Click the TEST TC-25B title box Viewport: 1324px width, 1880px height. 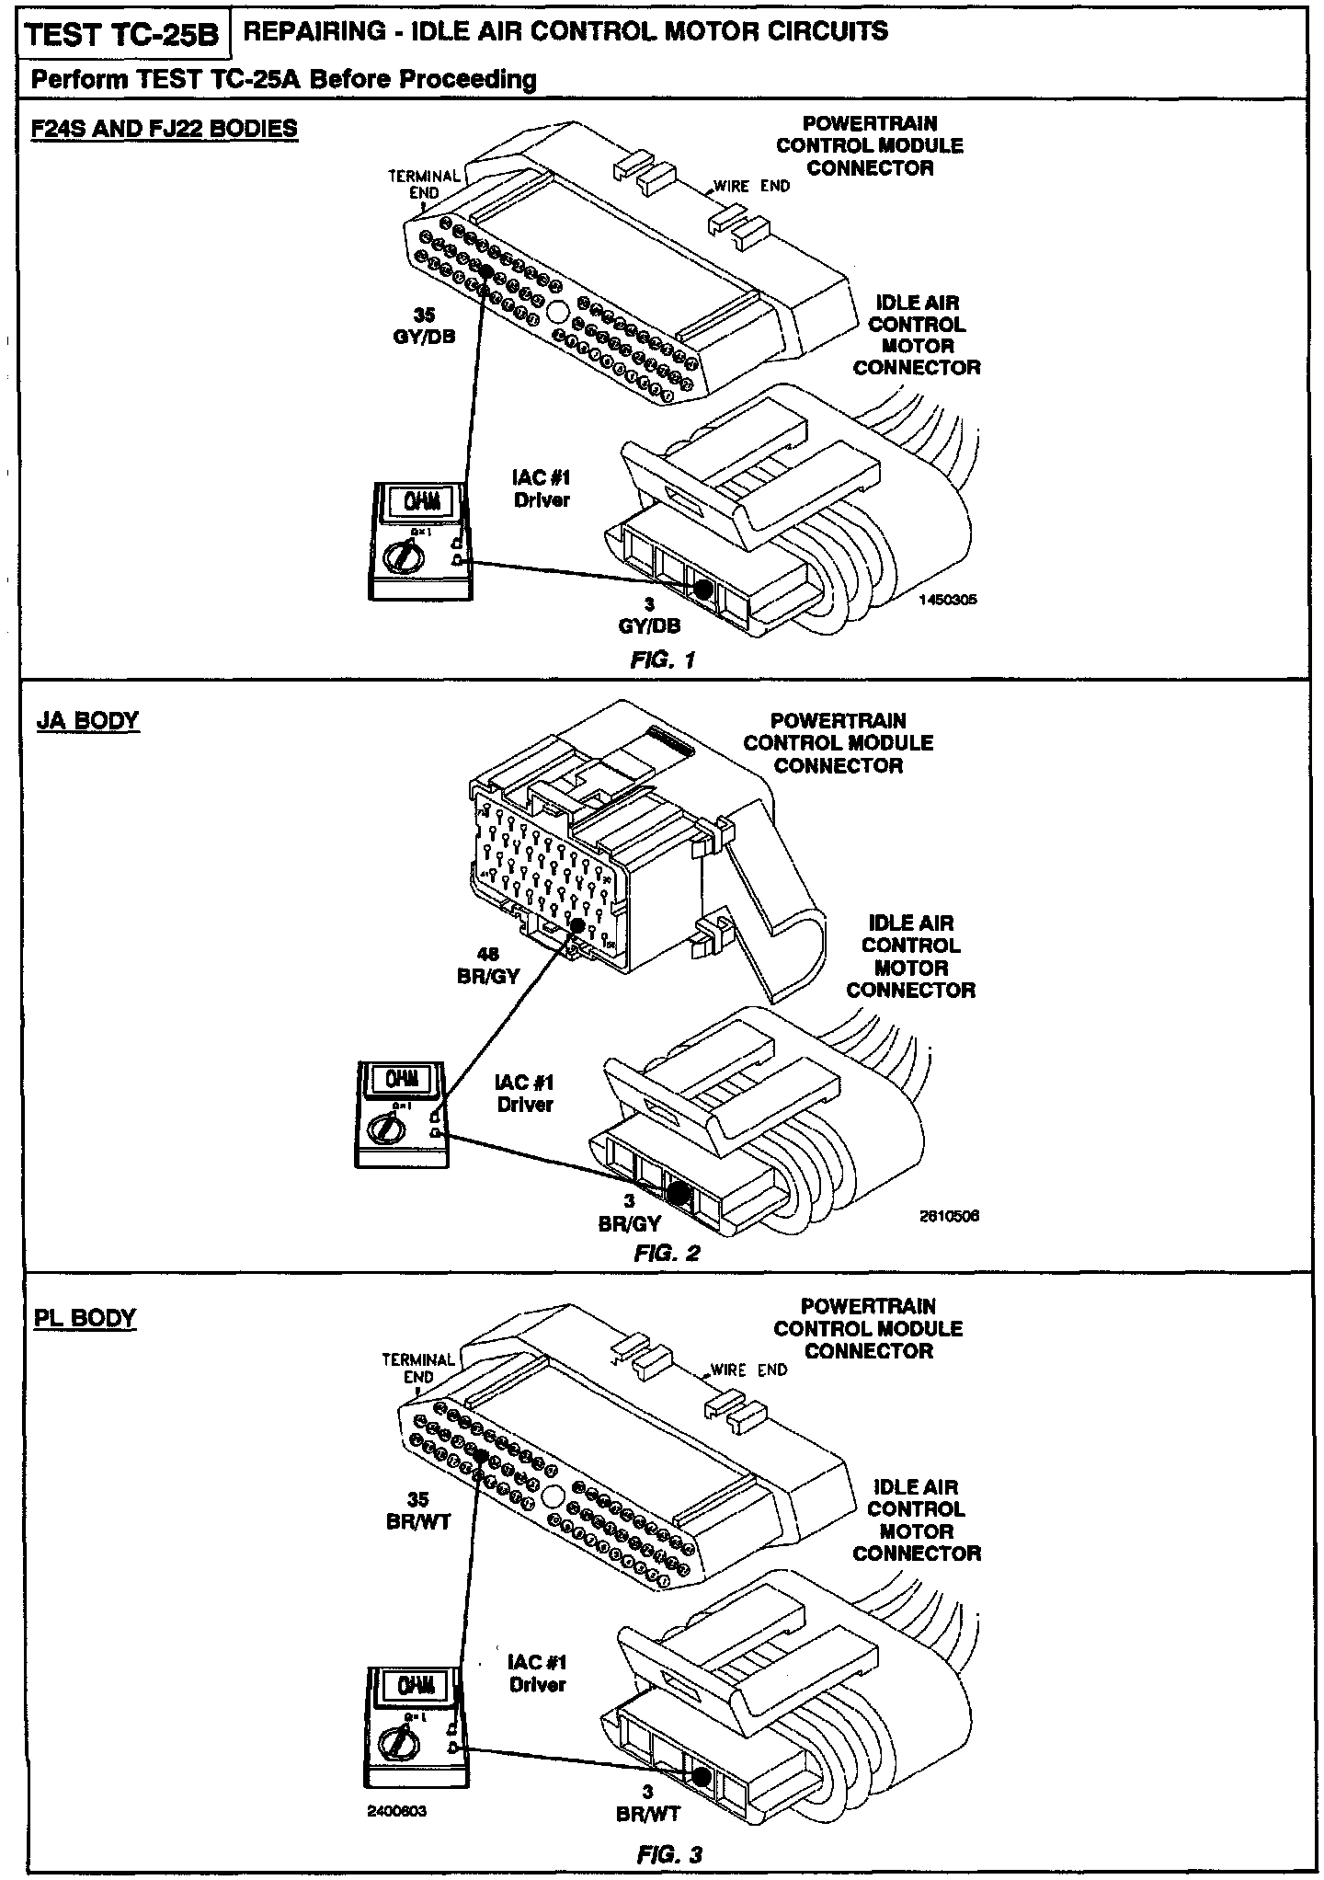[122, 36]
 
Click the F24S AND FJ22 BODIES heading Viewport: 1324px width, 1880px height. [165, 128]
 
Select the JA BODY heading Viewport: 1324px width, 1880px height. [87, 720]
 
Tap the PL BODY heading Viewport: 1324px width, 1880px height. [85, 1317]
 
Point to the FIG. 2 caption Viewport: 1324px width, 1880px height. [667, 1253]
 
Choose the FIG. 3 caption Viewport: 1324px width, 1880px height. [669, 1848]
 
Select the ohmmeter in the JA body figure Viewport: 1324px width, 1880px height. [402, 1114]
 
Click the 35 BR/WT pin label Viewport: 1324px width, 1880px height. [418, 1510]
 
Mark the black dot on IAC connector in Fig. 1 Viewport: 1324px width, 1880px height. [702, 590]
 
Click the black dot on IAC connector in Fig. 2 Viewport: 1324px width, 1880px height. [679, 1193]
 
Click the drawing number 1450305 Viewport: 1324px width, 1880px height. [947, 599]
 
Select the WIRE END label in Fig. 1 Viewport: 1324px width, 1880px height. [751, 186]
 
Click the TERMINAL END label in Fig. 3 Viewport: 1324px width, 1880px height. [418, 1368]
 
